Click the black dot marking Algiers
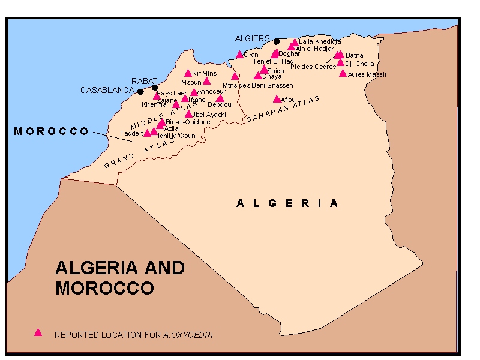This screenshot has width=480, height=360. [x=277, y=41]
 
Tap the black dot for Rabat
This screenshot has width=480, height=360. [x=155, y=88]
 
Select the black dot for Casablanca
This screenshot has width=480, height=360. [x=140, y=92]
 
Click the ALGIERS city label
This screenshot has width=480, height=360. [x=253, y=38]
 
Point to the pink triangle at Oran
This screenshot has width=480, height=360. [x=239, y=55]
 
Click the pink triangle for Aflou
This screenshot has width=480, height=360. [x=277, y=99]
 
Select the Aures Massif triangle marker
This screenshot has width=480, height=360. [x=343, y=74]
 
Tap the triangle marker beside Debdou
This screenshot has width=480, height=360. [x=220, y=98]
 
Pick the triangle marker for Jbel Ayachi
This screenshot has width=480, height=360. [x=188, y=114]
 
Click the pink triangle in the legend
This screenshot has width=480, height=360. [x=38, y=332]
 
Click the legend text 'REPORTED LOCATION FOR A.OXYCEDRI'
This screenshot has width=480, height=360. [x=133, y=335]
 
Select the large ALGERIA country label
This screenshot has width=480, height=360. [x=287, y=203]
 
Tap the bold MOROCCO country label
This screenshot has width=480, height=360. [x=52, y=131]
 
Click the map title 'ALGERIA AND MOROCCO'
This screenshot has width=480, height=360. [x=120, y=277]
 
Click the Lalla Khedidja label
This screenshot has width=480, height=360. [x=320, y=41]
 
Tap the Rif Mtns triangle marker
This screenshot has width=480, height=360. [x=188, y=73]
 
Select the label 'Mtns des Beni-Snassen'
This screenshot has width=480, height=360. [x=257, y=85]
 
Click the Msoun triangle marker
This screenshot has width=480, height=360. [x=206, y=81]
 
